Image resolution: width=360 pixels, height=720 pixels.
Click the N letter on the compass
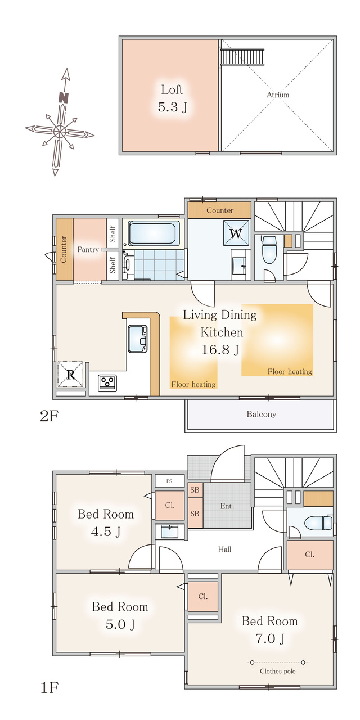[x=64, y=98]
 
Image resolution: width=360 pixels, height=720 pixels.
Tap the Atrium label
[x=278, y=95]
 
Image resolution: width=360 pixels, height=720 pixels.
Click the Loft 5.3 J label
[x=172, y=98]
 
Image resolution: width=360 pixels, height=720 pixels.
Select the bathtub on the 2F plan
[x=154, y=233]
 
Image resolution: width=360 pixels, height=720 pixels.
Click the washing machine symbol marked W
[x=236, y=233]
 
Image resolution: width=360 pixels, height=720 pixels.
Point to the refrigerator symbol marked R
[x=71, y=375]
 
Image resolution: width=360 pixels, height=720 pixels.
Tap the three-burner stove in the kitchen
[x=107, y=383]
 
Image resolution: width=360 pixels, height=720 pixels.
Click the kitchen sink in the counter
[x=138, y=339]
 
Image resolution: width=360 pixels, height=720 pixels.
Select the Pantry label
[x=88, y=249]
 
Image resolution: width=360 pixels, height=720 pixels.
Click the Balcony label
[x=262, y=414]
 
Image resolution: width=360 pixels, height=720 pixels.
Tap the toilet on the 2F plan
[x=269, y=250]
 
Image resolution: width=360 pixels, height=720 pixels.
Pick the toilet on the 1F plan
[x=318, y=523]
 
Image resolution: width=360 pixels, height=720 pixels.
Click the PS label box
[x=170, y=481]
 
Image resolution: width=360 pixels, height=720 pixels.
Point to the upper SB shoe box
[x=195, y=490]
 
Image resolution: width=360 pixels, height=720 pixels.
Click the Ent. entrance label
[x=227, y=506]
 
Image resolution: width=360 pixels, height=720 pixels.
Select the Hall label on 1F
[x=224, y=550]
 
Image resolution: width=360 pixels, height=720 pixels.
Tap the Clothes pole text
[x=278, y=671]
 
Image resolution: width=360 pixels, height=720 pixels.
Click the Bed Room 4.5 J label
[x=106, y=523]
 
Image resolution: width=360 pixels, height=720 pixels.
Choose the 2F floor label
[x=49, y=416]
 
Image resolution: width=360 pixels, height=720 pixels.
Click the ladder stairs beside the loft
[x=242, y=57]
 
